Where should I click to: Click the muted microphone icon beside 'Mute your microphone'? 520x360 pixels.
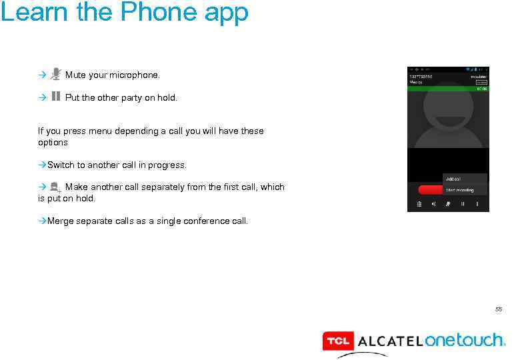click(x=56, y=74)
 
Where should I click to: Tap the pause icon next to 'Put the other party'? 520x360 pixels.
click(x=56, y=96)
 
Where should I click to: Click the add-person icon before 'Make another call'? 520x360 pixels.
click(x=56, y=188)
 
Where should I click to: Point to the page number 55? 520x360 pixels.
click(x=498, y=309)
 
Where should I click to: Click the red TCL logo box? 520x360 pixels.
click(x=337, y=341)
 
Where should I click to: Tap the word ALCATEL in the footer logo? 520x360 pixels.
click(x=390, y=341)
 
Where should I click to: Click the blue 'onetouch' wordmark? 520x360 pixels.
click(x=464, y=340)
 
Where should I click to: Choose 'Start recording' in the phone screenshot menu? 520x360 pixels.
click(x=460, y=190)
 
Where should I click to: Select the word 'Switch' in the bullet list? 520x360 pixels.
click(x=61, y=165)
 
